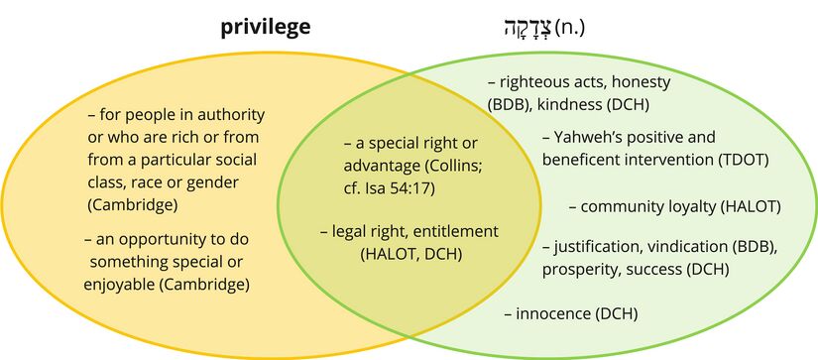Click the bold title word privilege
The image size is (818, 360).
[266, 27]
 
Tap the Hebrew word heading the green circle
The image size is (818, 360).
[525, 27]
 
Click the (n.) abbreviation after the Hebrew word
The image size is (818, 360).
[569, 27]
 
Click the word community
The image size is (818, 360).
[628, 206]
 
